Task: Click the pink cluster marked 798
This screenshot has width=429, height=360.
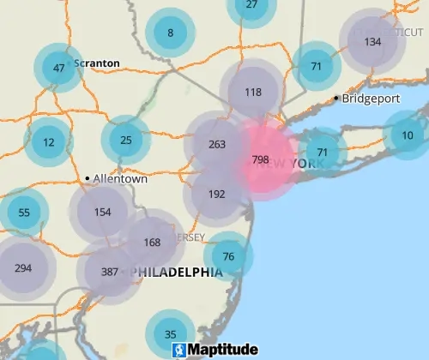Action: [261, 159]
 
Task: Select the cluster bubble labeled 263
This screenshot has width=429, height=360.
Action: [216, 145]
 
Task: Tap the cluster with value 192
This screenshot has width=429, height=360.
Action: [216, 194]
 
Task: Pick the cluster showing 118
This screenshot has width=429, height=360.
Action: [252, 92]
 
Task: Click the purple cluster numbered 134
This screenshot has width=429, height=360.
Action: [372, 41]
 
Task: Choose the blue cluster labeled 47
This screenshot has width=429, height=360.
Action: [58, 68]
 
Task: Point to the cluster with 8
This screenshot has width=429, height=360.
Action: [170, 33]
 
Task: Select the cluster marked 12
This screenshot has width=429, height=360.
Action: [48, 142]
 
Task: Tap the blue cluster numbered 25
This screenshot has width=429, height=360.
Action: [126, 140]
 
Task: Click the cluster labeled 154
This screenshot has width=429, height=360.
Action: [103, 212]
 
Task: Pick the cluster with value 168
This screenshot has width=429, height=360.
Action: [152, 242]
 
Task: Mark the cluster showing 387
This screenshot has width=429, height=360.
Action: [109, 272]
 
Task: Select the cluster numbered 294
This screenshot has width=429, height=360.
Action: [23, 267]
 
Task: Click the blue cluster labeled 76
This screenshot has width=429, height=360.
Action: [228, 256]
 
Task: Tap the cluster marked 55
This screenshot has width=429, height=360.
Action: [23, 213]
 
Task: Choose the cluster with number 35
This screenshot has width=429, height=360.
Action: [170, 334]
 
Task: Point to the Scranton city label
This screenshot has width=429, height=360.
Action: [96, 63]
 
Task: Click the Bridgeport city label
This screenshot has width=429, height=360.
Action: [371, 98]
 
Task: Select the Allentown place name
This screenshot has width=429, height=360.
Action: [119, 179]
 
